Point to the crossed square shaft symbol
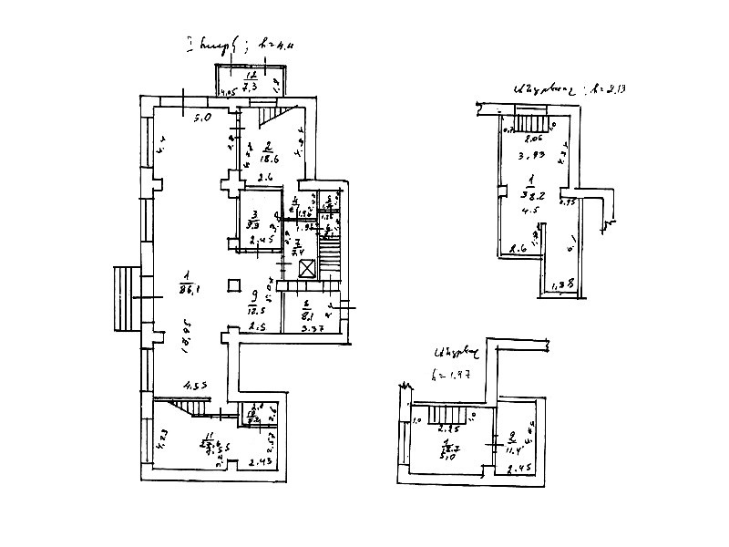(308, 268)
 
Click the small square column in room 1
(234, 283)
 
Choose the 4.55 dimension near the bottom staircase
(194, 386)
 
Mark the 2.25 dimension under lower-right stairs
(447, 428)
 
